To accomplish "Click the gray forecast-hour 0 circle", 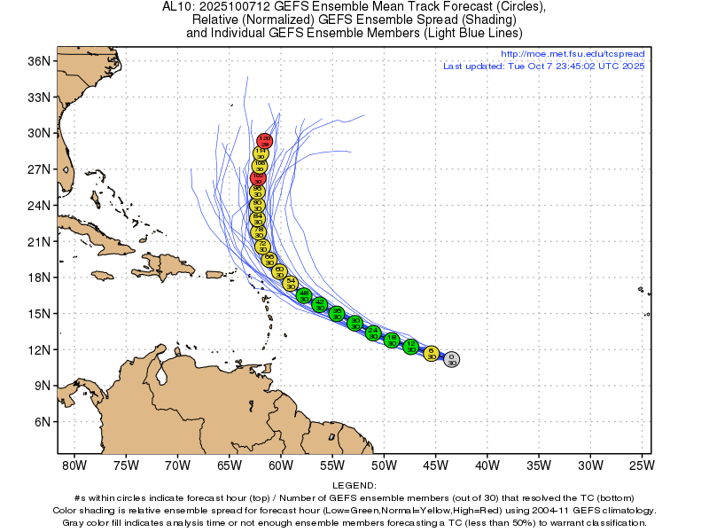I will click(x=451, y=358).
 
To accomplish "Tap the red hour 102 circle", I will click(x=258, y=177).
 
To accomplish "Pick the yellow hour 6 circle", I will click(x=432, y=353).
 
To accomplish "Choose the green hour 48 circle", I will click(x=304, y=295).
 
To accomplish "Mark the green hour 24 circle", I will click(x=373, y=332).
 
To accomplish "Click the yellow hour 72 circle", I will click(x=261, y=246).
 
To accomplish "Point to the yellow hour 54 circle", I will click(x=290, y=283).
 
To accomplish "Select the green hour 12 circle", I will click(x=410, y=346).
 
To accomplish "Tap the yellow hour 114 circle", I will click(x=261, y=153).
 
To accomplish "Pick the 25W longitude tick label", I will click(x=642, y=465).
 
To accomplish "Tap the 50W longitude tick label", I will click(x=384, y=465).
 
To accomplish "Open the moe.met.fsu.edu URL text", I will click(x=573, y=54).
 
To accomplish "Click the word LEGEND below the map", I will click(x=354, y=486).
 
